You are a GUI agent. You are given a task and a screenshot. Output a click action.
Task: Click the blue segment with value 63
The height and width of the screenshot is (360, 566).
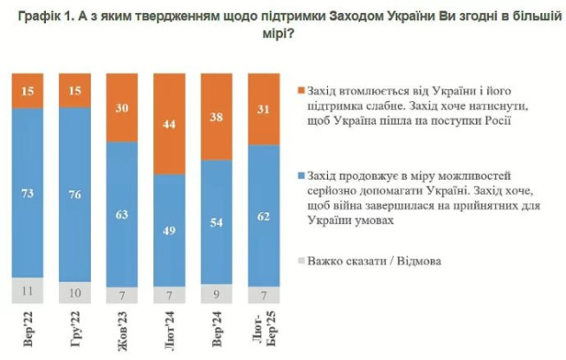123,212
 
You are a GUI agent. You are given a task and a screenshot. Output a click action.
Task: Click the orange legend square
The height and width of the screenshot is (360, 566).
302,89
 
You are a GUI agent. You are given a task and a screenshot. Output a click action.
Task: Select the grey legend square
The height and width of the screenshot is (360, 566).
302,260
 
